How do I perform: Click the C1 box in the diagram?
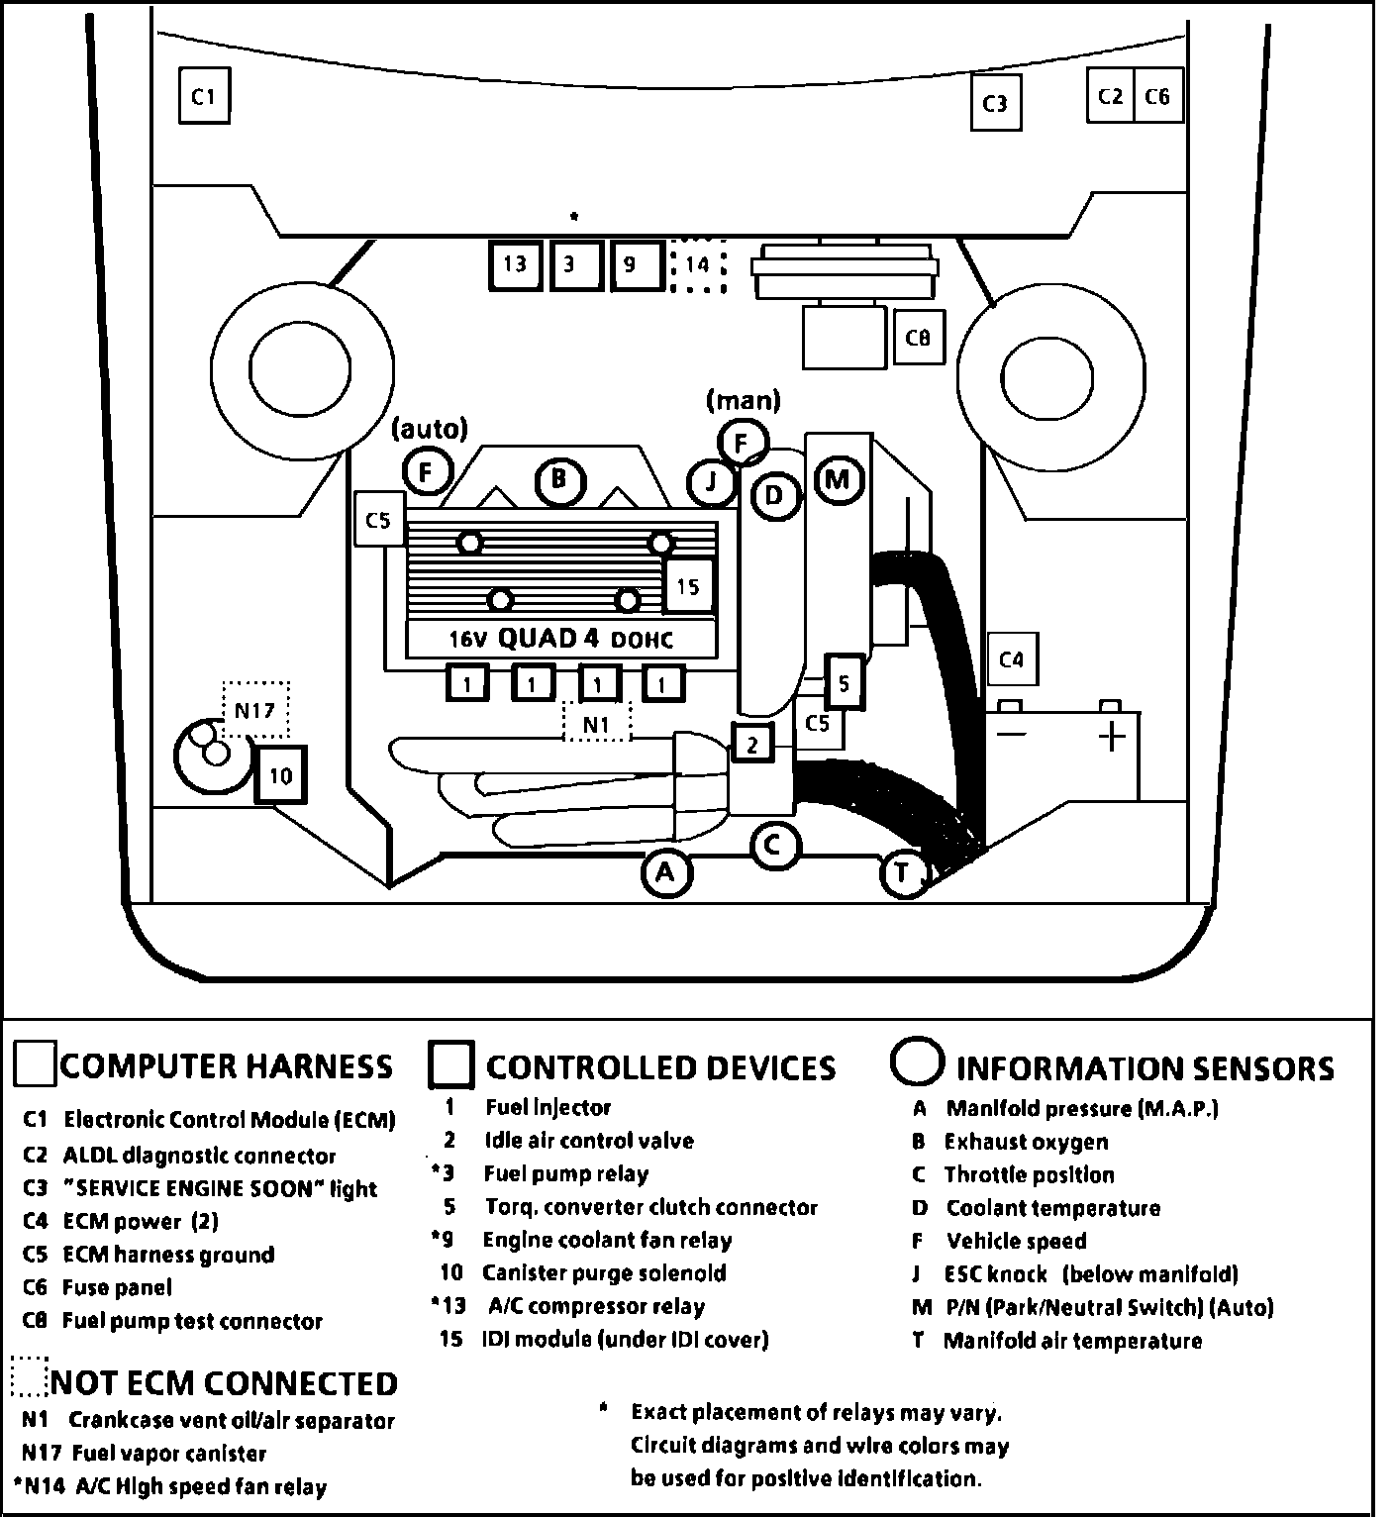204,95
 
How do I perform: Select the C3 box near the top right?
994,103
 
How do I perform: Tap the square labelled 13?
515,264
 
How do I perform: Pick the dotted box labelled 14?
697,265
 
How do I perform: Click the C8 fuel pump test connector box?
918,338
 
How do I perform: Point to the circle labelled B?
559,481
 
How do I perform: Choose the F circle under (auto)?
428,472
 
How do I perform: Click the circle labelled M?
838,480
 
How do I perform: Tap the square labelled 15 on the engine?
688,586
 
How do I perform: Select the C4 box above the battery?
1011,658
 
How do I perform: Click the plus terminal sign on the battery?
1113,736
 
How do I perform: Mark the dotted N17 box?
255,709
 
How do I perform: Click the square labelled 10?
280,774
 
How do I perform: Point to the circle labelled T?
903,873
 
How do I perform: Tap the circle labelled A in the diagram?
665,872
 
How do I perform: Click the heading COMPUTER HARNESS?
226,1066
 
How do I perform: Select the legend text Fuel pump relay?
565,1174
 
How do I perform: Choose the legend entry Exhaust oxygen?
1026,1142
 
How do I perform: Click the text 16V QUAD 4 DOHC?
560,639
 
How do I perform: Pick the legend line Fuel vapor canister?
169,1454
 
